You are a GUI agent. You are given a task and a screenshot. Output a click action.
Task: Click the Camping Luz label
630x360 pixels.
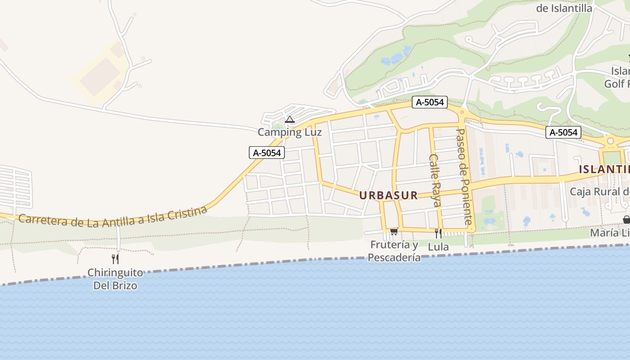pos(290,132)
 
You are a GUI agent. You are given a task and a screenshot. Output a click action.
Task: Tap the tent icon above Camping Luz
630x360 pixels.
pos(290,120)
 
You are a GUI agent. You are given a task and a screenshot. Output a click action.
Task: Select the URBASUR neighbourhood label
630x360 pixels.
pos(388,195)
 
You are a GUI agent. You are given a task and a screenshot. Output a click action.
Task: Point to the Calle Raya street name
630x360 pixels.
pos(434,180)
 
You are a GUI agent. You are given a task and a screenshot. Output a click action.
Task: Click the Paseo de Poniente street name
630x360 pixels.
pos(463,176)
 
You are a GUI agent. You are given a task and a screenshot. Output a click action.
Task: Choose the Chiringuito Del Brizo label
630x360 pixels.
pos(115,279)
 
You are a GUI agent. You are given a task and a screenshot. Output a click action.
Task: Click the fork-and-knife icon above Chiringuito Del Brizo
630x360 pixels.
pos(115,259)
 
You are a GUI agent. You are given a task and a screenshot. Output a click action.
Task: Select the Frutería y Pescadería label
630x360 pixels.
pos(394,251)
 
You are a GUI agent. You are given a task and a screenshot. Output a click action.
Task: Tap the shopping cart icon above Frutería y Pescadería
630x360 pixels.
pos(394,231)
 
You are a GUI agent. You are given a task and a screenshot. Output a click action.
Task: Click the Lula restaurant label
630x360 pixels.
pos(438,247)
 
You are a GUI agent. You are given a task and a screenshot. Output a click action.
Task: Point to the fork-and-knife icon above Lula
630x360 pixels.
pos(438,233)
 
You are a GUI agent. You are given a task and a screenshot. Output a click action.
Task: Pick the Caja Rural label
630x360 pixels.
pos(599,191)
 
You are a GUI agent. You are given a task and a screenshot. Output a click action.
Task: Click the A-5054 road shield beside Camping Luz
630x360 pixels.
pos(267,153)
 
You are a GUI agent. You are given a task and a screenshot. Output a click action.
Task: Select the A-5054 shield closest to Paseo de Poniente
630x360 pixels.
pos(430,102)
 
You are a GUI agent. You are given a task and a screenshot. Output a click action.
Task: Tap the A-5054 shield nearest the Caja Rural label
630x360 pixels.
pos(563,132)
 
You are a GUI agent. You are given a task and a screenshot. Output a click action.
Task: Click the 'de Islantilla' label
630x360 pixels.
pos(564,8)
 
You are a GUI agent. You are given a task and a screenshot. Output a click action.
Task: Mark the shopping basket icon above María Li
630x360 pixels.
pos(626,220)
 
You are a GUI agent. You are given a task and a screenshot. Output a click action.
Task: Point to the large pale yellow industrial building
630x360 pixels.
pos(100,76)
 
